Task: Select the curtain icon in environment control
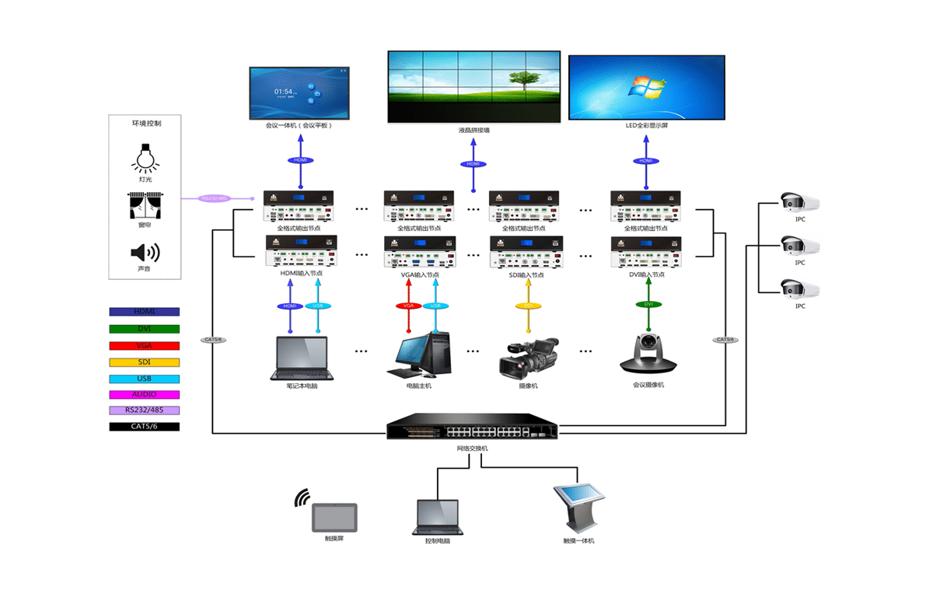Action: (145, 205)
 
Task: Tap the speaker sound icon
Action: (145, 253)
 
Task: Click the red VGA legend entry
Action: (145, 345)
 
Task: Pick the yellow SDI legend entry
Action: (145, 362)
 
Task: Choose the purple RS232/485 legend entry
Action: (145, 410)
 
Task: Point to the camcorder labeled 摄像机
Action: (528, 358)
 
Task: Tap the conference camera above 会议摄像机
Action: (648, 354)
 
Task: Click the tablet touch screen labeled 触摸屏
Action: (334, 516)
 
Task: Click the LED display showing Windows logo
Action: (647, 87)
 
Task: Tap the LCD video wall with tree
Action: (473, 86)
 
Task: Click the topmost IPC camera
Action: (800, 203)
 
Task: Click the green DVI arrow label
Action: (648, 304)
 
